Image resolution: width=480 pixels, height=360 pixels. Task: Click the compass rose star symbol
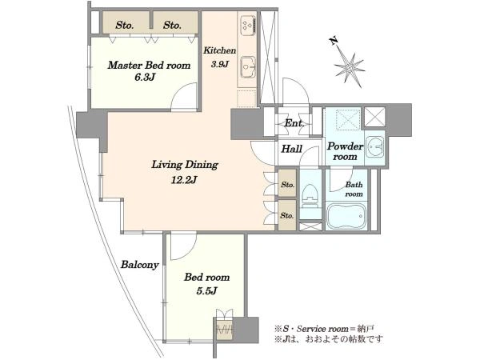350,70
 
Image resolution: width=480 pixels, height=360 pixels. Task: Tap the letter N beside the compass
334,41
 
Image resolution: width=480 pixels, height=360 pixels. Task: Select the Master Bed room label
149,66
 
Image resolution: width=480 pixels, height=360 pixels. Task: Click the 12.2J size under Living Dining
184,180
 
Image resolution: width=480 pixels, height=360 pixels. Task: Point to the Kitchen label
220,50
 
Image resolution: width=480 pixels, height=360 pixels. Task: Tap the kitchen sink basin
248,66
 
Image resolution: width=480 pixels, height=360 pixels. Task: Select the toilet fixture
310,197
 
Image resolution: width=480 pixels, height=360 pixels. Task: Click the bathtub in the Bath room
346,215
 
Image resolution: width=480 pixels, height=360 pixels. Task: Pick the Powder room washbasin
374,149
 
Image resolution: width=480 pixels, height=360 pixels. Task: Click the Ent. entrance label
294,123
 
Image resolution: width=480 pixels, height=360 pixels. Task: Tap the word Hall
292,149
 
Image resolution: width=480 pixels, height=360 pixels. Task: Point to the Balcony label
139,265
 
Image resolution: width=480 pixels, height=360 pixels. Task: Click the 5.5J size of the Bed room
206,291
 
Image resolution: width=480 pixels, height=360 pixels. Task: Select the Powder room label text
345,151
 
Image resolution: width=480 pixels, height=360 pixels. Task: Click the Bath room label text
354,189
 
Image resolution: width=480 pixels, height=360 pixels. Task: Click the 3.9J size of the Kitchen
219,64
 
